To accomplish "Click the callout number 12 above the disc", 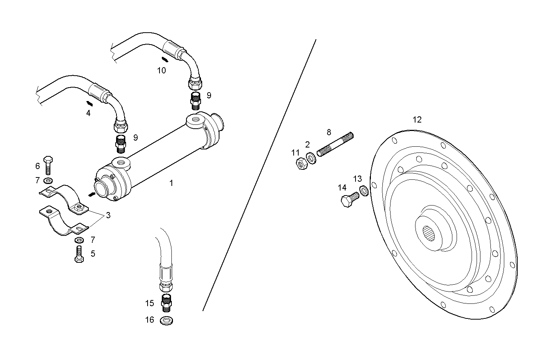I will click(x=417, y=120).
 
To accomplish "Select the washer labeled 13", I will click(x=364, y=190).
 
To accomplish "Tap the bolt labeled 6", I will click(x=48, y=165).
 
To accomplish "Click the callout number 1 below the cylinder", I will click(x=171, y=183).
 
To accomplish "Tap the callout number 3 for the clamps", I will click(x=108, y=215).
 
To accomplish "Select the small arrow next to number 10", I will click(x=164, y=60).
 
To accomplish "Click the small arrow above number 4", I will click(x=89, y=103).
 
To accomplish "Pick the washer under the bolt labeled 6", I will click(x=48, y=180).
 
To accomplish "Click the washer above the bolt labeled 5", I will click(x=80, y=240).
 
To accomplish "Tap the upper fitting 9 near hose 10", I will click(x=196, y=99).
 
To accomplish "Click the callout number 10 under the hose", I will click(x=161, y=71).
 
